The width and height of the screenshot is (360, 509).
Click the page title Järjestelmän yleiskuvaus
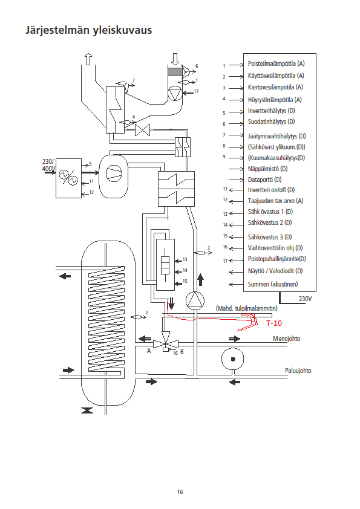point(89,30)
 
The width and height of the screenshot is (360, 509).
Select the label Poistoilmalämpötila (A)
point(276,63)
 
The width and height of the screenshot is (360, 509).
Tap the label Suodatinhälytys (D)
point(271,122)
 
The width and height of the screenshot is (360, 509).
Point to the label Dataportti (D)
point(264,180)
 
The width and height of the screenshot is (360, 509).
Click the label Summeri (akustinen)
point(273,284)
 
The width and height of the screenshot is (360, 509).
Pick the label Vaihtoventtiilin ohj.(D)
point(275,248)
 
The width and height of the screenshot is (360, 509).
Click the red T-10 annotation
point(274,323)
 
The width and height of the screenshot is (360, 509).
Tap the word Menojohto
point(286,339)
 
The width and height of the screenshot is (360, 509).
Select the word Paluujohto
point(298,371)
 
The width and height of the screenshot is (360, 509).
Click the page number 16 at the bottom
point(180,492)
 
